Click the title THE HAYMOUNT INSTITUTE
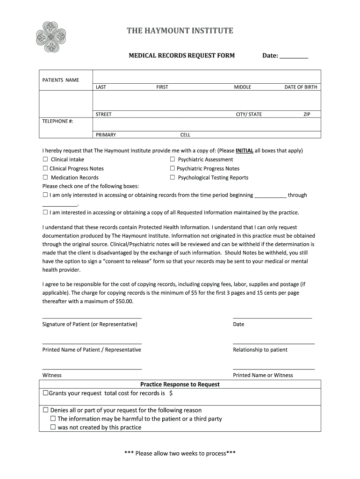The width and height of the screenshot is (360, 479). [x=180, y=31]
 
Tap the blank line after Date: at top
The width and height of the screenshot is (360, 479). [x=294, y=57]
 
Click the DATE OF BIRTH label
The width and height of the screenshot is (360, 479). [x=301, y=87]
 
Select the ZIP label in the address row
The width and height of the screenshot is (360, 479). [x=306, y=114]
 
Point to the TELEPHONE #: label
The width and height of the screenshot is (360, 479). [x=58, y=121]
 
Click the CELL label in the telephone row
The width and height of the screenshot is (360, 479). [x=185, y=135]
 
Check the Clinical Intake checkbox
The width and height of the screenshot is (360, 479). [x=45, y=160]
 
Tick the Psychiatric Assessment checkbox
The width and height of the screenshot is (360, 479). [x=173, y=160]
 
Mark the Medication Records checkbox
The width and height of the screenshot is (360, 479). [x=45, y=177]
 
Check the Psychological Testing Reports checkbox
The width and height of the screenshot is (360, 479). [x=173, y=177]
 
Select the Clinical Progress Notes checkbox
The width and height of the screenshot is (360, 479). [x=45, y=168]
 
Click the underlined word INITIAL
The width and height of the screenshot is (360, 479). [x=245, y=151]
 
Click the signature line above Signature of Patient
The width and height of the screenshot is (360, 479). [x=92, y=318]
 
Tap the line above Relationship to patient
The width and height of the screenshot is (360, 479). [x=274, y=343]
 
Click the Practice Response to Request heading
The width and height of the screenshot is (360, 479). [x=180, y=384]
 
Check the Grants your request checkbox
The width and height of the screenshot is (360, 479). [x=45, y=393]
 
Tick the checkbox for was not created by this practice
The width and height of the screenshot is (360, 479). [x=53, y=427]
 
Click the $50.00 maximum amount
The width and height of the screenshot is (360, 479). [x=124, y=301]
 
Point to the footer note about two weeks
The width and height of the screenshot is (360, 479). [x=180, y=453]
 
